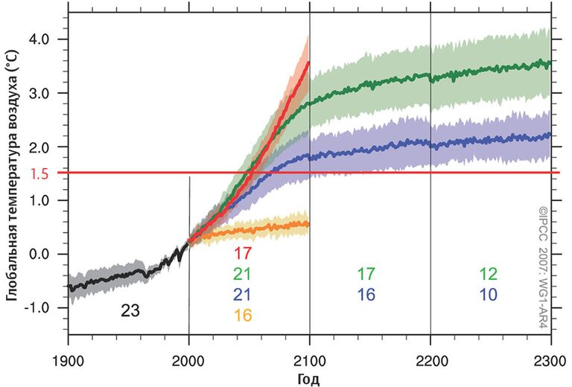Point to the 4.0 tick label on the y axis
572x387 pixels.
49,39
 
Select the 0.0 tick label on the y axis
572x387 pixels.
49,254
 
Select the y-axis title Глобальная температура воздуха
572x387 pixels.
13,179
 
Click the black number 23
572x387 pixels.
130,310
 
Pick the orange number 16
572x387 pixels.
243,315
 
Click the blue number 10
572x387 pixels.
489,295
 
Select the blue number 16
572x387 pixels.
366,295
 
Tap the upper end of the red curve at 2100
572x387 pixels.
308,63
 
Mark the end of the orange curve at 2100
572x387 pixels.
308,223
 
